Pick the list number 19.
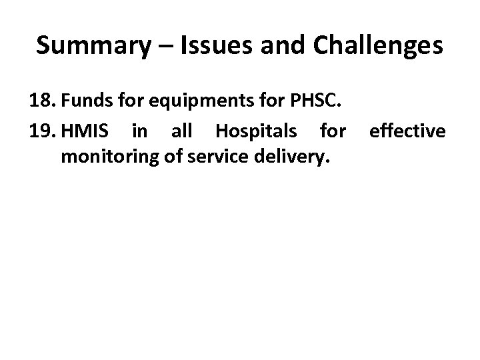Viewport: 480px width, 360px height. coord(41,132)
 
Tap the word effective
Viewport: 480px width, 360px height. coord(407,132)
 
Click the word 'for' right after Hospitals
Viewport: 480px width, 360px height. coord(333,132)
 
